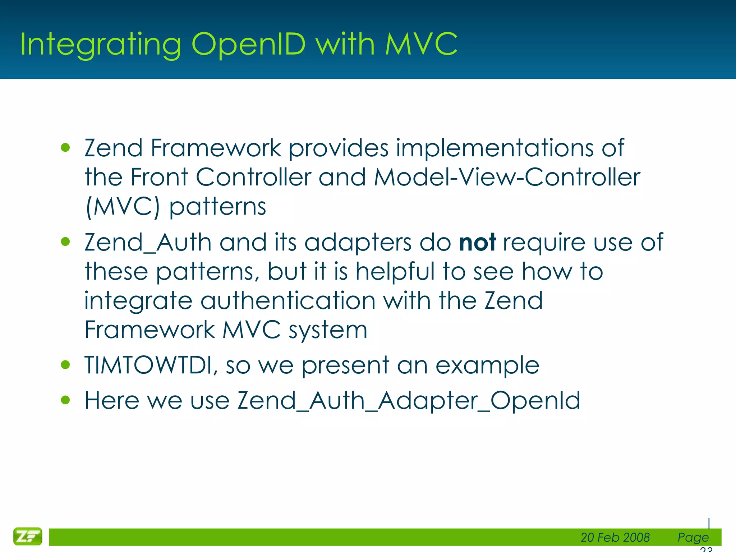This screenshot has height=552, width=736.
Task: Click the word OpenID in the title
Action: pyautogui.click(x=248, y=45)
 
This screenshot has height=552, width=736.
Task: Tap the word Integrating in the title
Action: pyautogui.click(x=100, y=45)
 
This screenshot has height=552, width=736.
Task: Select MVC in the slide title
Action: pyautogui.click(x=421, y=45)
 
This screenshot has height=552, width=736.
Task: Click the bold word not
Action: pyautogui.click(x=477, y=242)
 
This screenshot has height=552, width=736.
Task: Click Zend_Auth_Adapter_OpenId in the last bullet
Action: pyautogui.click(x=409, y=400)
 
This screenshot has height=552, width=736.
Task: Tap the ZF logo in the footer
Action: pyautogui.click(x=28, y=537)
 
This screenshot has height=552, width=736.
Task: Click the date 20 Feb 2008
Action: pyautogui.click(x=615, y=537)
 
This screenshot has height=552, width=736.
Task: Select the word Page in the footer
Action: pyautogui.click(x=693, y=537)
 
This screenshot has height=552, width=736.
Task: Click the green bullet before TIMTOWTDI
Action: pyautogui.click(x=65, y=365)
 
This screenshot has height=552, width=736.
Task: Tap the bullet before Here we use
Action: pyautogui.click(x=65, y=400)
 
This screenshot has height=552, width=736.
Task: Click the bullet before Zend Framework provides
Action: pyautogui.click(x=65, y=148)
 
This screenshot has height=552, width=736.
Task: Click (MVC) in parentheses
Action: pyautogui.click(x=123, y=207)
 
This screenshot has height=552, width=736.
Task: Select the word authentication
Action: pyautogui.click(x=288, y=300)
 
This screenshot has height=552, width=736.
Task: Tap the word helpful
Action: pyautogui.click(x=395, y=271)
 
